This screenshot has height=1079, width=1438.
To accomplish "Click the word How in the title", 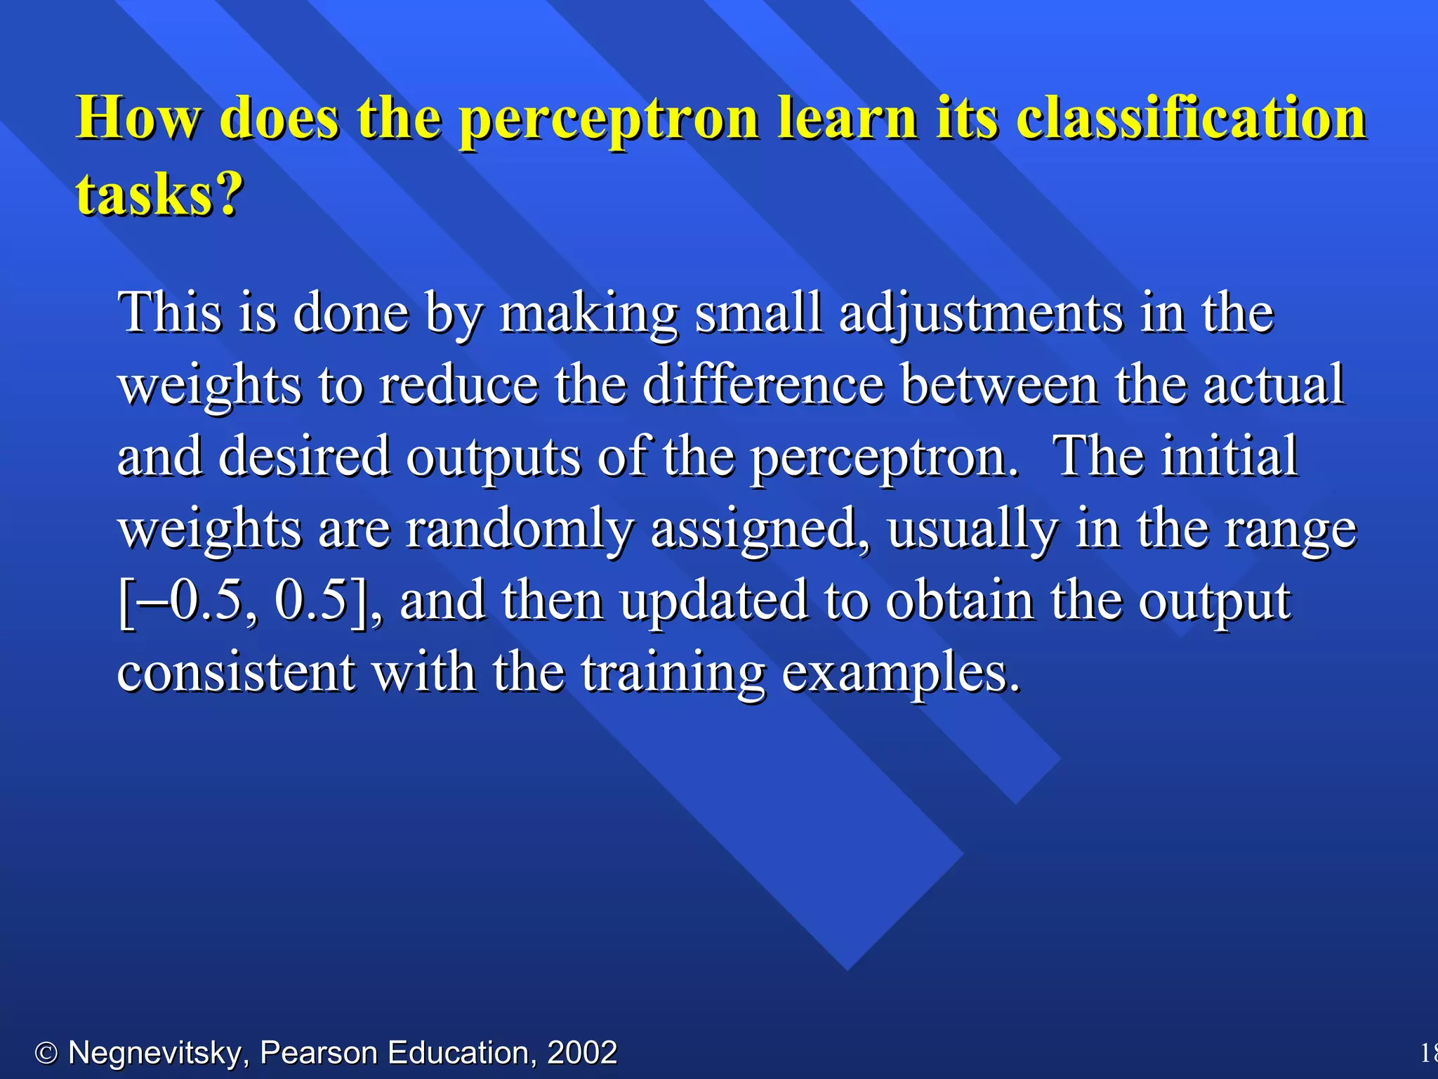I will (x=138, y=118).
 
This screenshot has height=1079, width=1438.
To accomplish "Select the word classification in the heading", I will (x=1191, y=118).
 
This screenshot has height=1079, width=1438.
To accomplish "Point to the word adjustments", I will (x=980, y=313).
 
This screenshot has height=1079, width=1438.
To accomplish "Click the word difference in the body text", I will (x=763, y=385).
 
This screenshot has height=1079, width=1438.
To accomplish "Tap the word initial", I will (x=1229, y=457).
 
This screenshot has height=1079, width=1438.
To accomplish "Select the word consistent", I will (x=236, y=673).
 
